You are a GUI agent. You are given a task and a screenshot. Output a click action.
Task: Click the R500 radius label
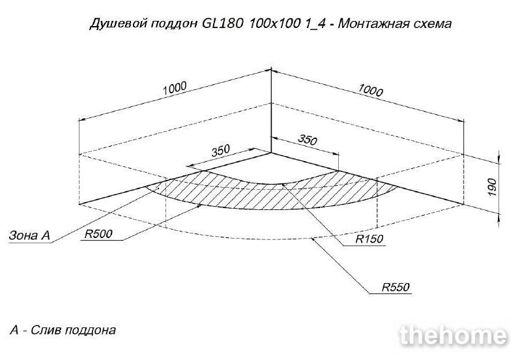[x=98, y=234]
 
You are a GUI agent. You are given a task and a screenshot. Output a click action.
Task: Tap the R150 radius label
[x=369, y=239]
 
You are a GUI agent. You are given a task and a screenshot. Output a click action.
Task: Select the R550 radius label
[x=396, y=287]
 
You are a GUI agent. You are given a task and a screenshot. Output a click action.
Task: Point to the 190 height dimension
[x=492, y=187]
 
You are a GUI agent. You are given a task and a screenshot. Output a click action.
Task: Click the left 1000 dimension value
[x=175, y=88]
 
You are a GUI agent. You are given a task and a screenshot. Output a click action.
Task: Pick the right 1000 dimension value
[x=370, y=90]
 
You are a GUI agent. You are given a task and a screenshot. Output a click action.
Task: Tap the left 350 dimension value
[x=220, y=150]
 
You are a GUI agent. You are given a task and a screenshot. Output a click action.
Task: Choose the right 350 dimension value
[x=308, y=140]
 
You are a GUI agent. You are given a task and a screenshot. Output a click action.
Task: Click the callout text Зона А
[x=29, y=235]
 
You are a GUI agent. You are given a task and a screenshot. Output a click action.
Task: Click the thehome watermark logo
[x=454, y=335]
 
